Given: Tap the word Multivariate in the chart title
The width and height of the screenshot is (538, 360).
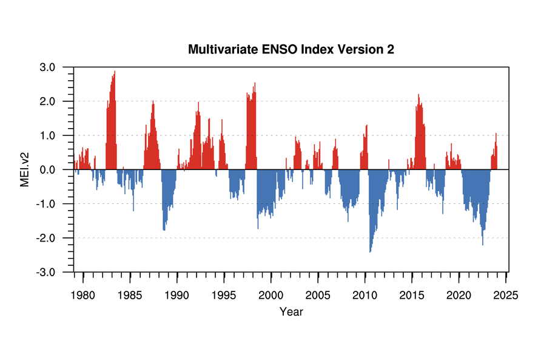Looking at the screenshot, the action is [223, 49].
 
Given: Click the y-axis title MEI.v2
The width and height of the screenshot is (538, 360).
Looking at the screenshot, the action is [25, 170].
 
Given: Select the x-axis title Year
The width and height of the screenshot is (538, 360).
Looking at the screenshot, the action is [291, 311].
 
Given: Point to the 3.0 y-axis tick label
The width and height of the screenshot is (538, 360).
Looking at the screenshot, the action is [47, 67].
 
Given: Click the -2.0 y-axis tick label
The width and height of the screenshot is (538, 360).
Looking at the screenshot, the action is [45, 238].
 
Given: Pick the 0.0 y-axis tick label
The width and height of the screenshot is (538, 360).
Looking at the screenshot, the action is [47, 170].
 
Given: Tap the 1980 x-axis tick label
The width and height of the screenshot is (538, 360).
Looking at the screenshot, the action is [82, 295].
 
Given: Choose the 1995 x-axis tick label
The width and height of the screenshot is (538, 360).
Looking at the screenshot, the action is [224, 295].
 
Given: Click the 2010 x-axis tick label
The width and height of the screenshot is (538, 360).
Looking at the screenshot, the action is [365, 295].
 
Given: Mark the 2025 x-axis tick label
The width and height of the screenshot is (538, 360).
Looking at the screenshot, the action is [506, 295].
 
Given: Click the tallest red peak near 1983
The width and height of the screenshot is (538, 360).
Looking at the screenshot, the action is [115, 72].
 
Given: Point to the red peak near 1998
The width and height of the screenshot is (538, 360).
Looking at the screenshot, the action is [255, 83].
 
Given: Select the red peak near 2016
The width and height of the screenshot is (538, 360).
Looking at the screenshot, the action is [419, 95].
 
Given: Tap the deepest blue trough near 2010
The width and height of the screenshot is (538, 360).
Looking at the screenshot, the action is [370, 252].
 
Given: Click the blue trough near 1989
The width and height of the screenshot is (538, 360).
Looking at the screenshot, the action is [164, 230].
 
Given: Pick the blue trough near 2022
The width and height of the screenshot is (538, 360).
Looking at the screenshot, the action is [483, 245].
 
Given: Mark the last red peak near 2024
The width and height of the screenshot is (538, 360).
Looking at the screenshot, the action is [496, 134].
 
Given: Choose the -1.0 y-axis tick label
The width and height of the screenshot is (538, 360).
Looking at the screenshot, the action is [45, 204].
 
